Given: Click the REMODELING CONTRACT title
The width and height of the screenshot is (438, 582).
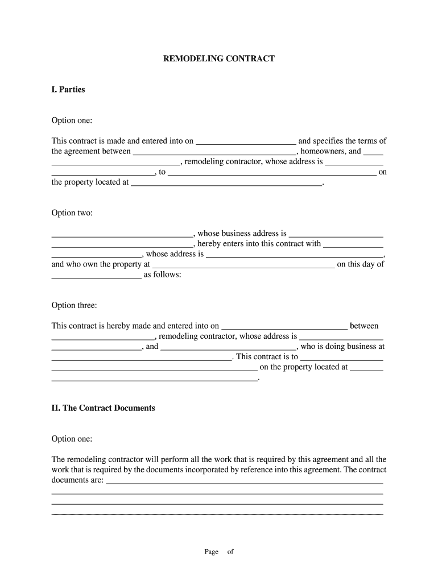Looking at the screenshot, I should pos(218,59).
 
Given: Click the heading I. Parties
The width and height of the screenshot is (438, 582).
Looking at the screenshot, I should pos(68,89).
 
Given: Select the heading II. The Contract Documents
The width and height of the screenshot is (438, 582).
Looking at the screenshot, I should pos(103,408).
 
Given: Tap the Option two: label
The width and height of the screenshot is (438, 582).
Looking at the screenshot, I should pos(72,213).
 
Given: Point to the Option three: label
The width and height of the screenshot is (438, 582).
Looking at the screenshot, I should pos(74,305).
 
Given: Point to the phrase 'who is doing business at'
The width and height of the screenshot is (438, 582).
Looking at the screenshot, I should pos(342,346).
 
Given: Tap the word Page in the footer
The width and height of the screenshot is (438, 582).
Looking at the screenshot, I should pos(212,551).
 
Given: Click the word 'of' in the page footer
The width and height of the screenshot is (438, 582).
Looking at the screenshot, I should pos(230,551).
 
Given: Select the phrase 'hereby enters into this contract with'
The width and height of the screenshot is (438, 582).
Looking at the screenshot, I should pos(259,243).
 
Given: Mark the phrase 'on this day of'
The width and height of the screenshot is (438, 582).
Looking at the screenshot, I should pos(361,264).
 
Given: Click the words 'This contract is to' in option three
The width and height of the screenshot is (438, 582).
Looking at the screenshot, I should pos(267,356).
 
